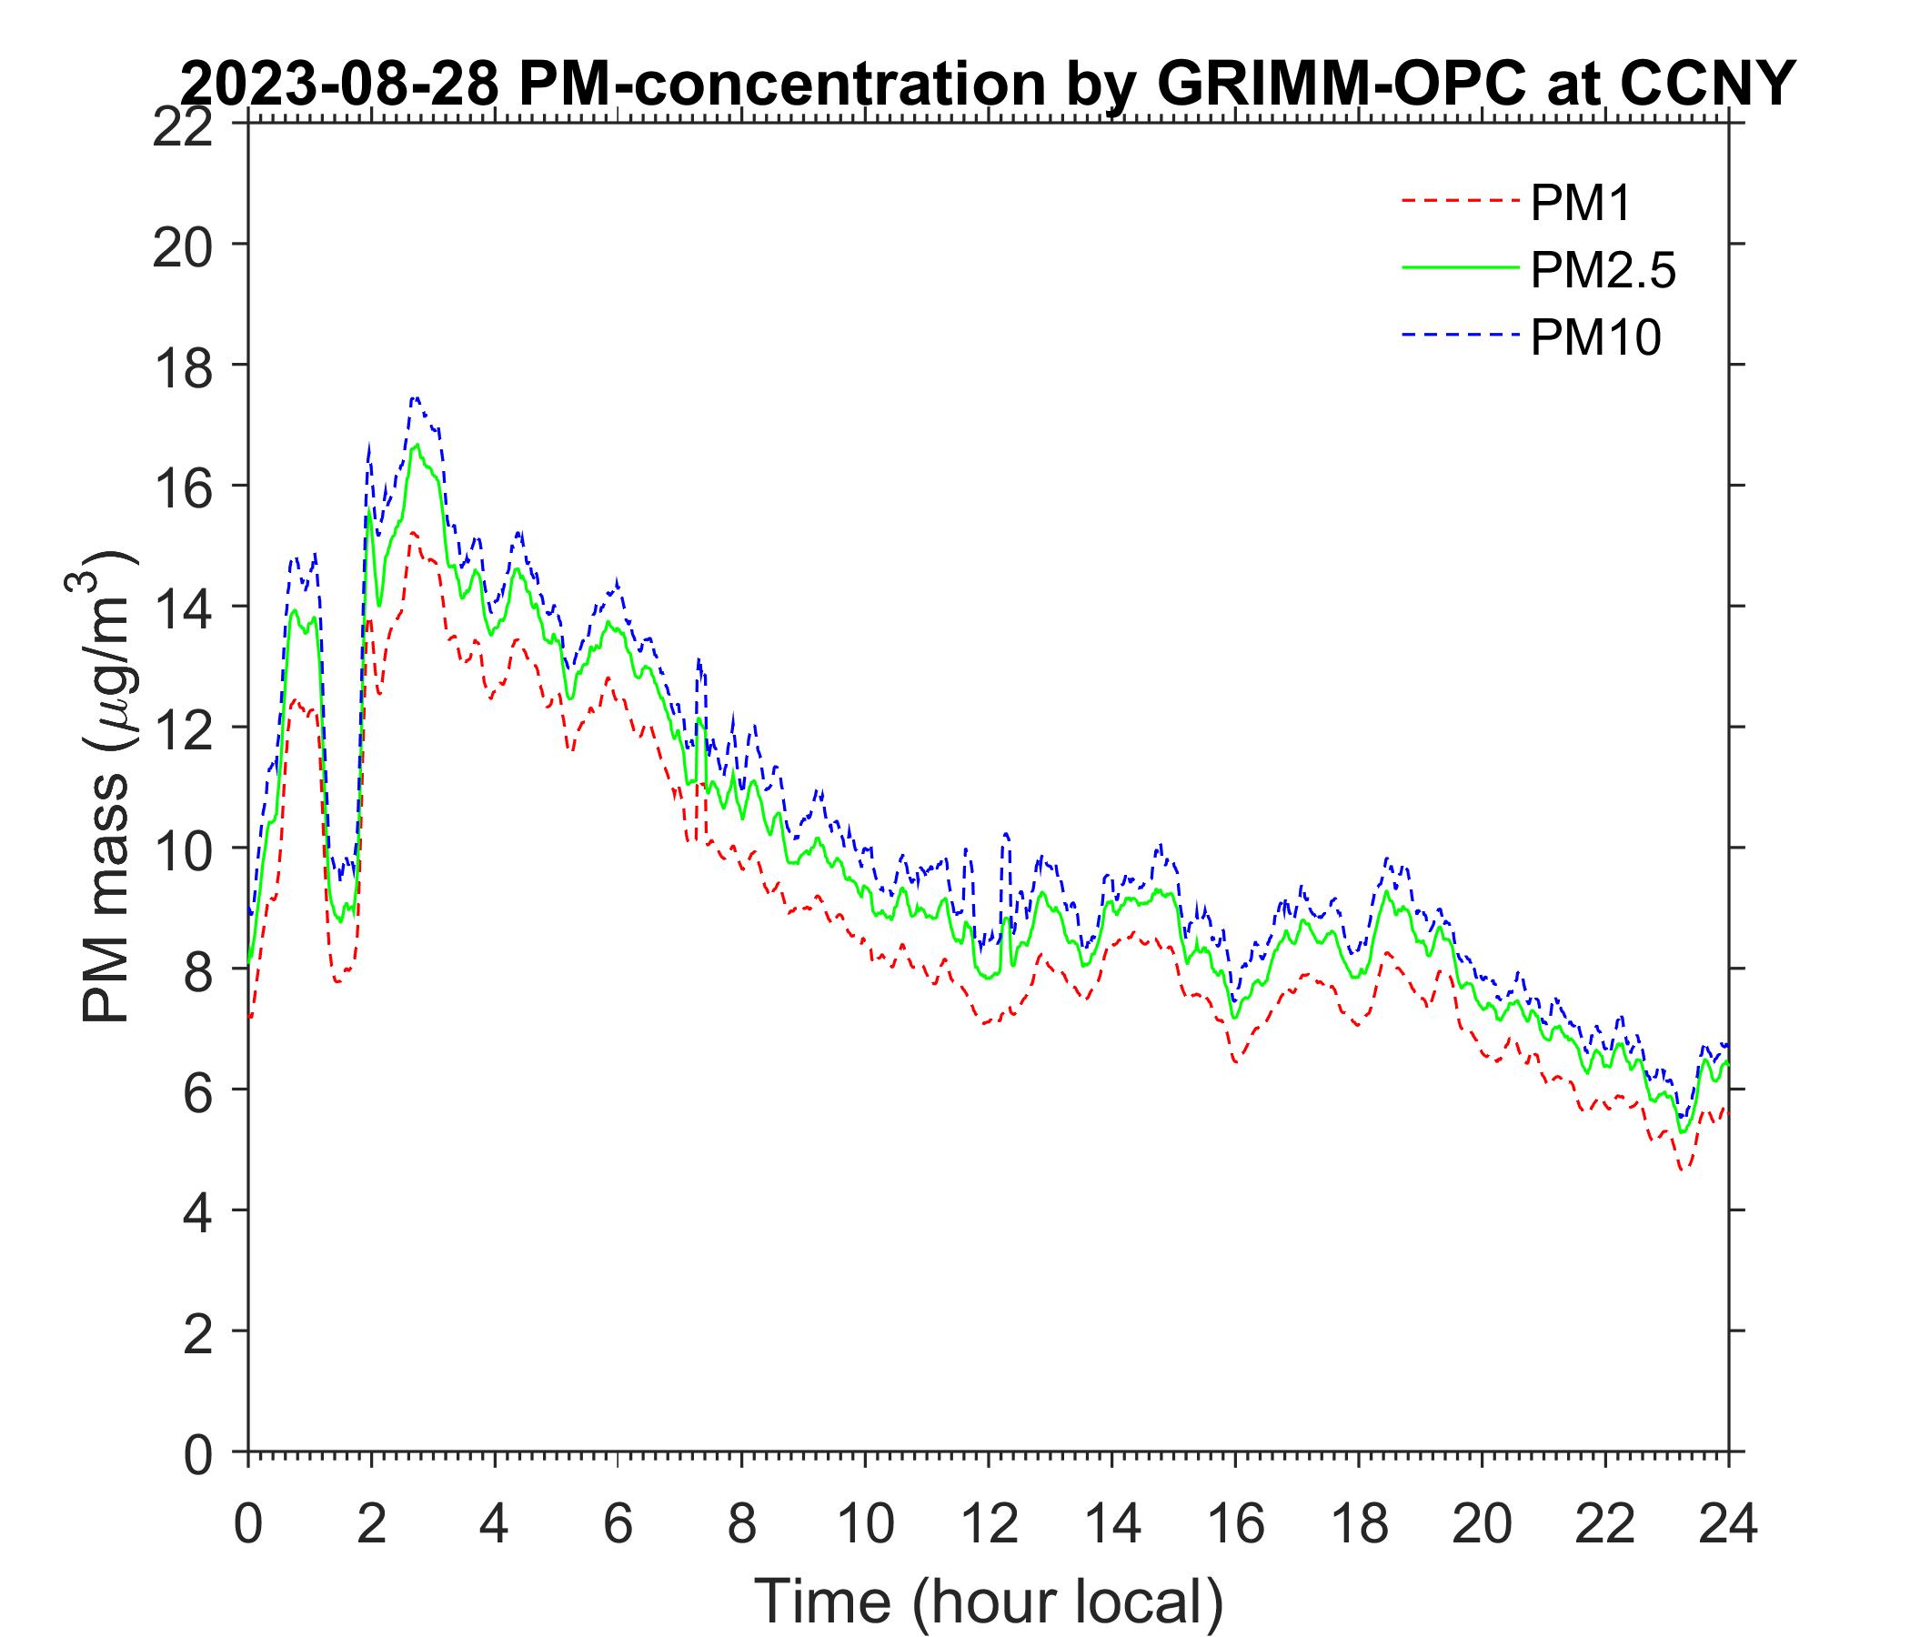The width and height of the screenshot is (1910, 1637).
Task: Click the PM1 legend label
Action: point(1580,204)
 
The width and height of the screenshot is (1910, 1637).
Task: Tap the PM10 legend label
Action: point(1594,338)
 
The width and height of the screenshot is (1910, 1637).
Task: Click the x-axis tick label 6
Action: point(618,1525)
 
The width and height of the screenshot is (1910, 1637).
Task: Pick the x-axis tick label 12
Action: point(988,1525)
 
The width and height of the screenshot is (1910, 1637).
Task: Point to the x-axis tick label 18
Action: point(1359,1525)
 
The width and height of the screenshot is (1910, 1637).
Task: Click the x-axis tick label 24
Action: point(1728,1525)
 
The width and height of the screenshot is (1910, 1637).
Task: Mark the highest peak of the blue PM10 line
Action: point(416,397)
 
